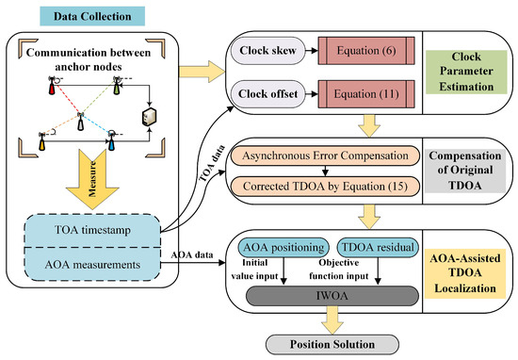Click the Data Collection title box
pyautogui.click(x=92, y=16)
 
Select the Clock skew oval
pyautogui.click(x=267, y=51)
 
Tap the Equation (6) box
pyautogui.click(x=366, y=51)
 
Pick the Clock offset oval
pyautogui.click(x=267, y=94)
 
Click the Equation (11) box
pyautogui.click(x=366, y=94)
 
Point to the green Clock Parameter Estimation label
pyautogui.click(x=466, y=72)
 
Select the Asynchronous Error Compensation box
pyautogui.click(x=325, y=155)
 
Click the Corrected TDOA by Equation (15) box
pyautogui.click(x=325, y=186)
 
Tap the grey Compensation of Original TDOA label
pyautogui.click(x=465, y=171)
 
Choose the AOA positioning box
pyautogui.click(x=283, y=247)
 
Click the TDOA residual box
pyautogui.click(x=378, y=247)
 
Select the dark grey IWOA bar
pyautogui.click(x=332, y=296)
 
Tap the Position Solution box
pyautogui.click(x=332, y=345)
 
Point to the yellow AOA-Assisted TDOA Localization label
pyautogui.click(x=465, y=273)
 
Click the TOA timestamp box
pyautogui.click(x=92, y=230)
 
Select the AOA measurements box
pyautogui.click(x=92, y=265)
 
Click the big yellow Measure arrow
pyautogui.click(x=92, y=179)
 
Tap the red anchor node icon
pyautogui.click(x=52, y=86)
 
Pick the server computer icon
pyautogui.click(x=149, y=117)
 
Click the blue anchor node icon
pyautogui.click(x=112, y=140)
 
